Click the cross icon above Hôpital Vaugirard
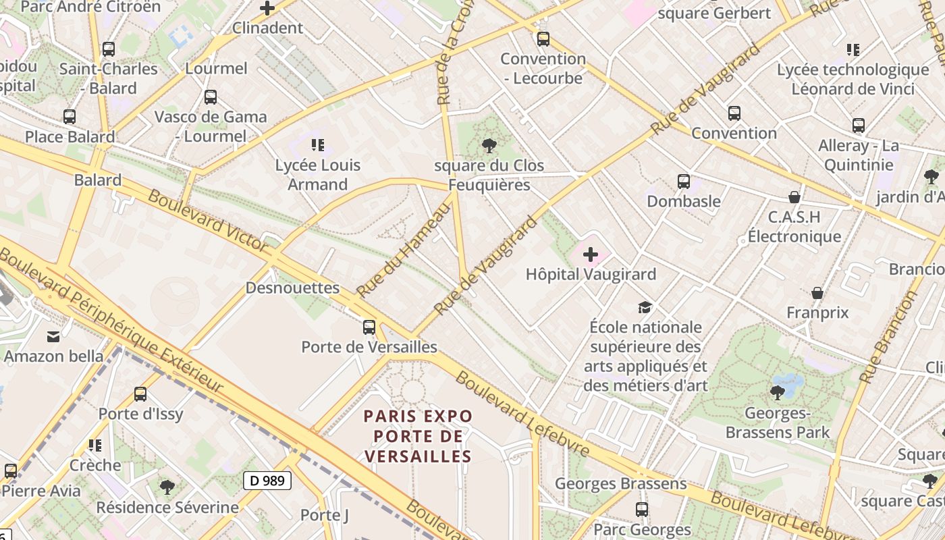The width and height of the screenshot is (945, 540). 591,254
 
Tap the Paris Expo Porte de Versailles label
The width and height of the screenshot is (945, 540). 418,436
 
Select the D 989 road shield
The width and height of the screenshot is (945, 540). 267,481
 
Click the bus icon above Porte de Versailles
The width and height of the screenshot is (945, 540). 369,327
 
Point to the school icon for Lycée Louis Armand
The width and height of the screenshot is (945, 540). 318,144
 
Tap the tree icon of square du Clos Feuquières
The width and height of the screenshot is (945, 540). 489,145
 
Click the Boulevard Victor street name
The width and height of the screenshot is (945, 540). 207,221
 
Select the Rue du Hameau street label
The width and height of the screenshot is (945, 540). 403,250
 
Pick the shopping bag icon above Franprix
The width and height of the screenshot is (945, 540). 817,293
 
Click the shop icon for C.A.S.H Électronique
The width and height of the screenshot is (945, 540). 794,197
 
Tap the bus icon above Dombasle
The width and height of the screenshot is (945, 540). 684,181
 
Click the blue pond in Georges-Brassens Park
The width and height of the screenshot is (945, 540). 788,383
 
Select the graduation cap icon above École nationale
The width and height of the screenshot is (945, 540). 645,307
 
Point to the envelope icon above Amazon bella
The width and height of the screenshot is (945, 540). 53,337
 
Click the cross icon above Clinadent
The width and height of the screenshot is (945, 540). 267,9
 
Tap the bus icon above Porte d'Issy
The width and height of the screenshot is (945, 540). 140,394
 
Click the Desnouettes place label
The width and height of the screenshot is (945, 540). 292,288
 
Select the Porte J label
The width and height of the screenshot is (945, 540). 325,515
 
